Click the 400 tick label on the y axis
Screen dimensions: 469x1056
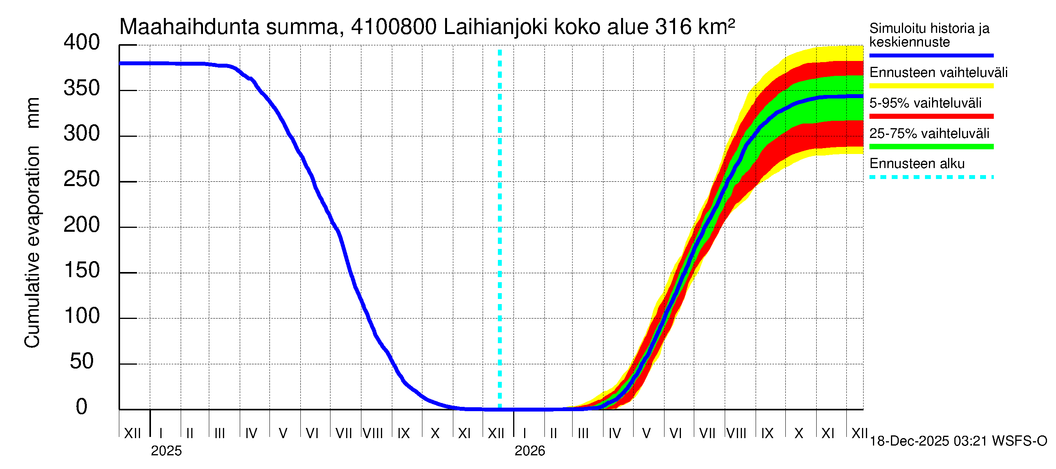82,43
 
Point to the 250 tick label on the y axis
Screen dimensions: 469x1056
82,179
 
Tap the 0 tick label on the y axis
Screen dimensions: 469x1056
82,407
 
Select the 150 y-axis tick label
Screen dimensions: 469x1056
82,271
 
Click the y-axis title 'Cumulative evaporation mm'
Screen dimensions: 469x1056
32,223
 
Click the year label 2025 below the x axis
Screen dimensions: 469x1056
166,451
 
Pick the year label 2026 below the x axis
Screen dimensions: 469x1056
530,451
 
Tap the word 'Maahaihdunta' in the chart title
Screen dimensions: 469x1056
189,27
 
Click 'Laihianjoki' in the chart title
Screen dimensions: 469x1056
495,27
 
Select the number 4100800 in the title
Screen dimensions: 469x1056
394,27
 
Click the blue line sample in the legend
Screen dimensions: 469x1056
931,55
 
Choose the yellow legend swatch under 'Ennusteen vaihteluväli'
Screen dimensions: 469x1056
931,86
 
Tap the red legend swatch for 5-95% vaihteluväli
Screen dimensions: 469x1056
931,116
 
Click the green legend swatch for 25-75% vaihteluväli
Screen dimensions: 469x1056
931,147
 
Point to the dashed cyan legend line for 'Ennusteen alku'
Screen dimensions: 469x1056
931,177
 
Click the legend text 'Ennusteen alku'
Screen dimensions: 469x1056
917,164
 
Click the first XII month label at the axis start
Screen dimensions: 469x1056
132,433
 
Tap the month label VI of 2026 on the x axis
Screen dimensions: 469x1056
675,433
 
